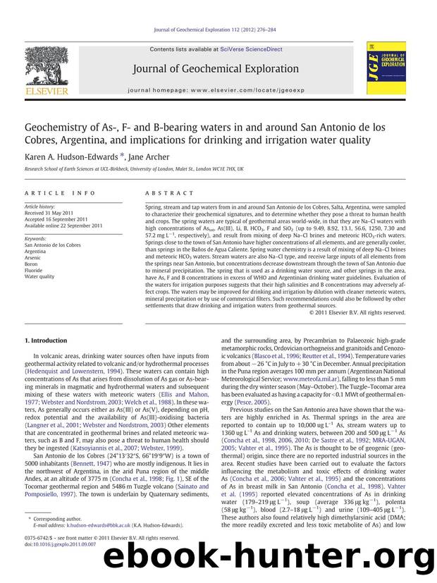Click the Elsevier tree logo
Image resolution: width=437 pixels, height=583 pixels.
(44, 66)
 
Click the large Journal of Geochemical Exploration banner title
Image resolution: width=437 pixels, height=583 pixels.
(219, 68)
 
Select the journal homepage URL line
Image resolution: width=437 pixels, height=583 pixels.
(219, 91)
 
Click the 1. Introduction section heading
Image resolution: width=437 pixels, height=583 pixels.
(49, 340)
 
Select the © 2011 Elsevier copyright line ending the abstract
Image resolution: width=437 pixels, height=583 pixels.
(357, 312)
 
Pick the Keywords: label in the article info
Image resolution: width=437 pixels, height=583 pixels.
(37, 238)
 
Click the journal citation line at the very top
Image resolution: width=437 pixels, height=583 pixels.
(219, 30)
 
